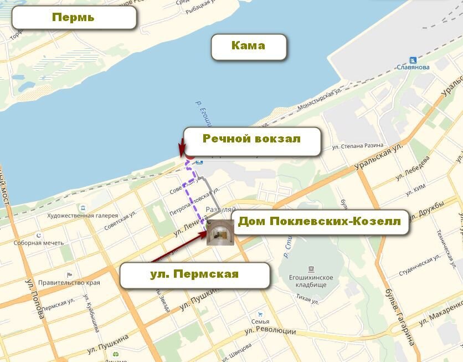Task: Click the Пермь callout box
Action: coord(74,17)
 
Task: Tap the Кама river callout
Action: coord(249,46)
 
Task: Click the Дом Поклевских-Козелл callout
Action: coord(319,222)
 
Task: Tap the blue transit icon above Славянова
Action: coord(413,60)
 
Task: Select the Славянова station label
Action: coord(413,68)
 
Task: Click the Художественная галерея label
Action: coord(83,216)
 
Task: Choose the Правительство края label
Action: coord(70,283)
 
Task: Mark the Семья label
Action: coord(260,322)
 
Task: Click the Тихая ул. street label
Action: coord(307,302)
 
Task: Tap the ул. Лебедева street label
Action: coord(413,169)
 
